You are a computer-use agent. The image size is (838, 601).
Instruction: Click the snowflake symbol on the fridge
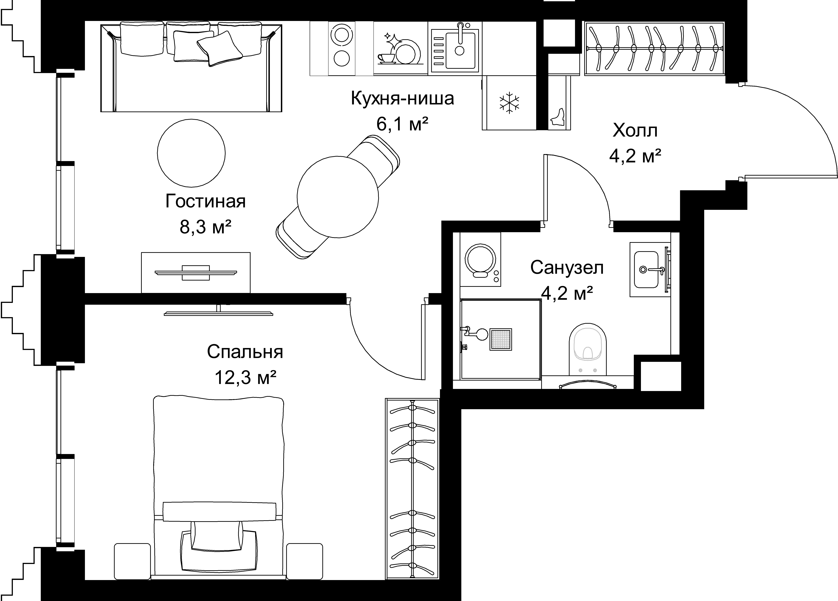pos(509,102)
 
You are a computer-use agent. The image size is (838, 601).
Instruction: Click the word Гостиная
pos(205,201)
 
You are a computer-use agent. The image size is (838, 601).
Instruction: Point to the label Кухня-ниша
pos(402,99)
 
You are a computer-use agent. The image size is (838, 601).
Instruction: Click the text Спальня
pos(245,352)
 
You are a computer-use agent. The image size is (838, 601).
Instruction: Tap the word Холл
pos(635,131)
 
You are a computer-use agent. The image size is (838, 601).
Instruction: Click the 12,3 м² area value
pos(245,378)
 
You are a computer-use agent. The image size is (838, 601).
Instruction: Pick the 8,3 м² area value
pos(205,227)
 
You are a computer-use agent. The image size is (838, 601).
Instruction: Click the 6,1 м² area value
pos(402,124)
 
